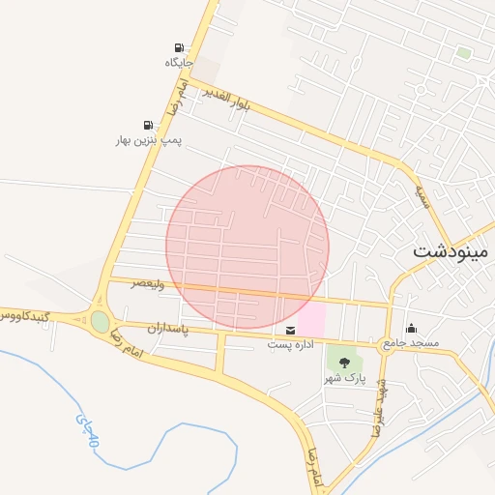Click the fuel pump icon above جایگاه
tap(179, 47)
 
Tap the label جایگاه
tap(179, 62)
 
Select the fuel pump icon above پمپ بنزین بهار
tap(148, 125)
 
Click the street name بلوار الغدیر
tap(226, 98)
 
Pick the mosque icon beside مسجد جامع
tap(413, 328)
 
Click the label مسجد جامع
tap(411, 343)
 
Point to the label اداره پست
tap(291, 345)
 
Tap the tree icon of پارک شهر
tap(344, 363)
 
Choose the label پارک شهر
tap(344, 377)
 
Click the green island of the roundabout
tap(101, 321)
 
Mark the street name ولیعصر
tap(150, 284)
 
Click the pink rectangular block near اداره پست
tap(311, 318)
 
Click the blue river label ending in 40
tap(86, 429)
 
